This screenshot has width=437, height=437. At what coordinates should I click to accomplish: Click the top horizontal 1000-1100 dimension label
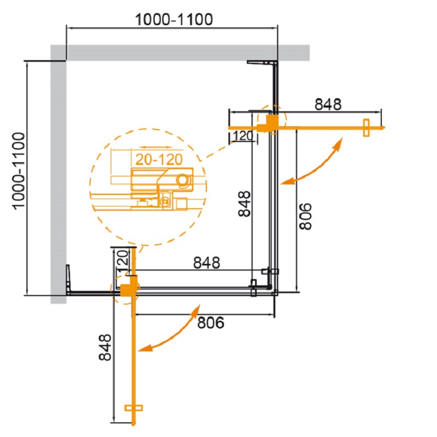(174, 20)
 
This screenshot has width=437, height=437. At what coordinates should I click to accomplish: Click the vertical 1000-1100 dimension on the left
(19, 171)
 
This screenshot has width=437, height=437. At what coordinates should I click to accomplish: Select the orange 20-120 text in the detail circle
(159, 160)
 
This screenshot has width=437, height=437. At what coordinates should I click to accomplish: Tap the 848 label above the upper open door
(328, 105)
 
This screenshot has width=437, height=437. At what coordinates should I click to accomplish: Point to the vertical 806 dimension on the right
(305, 216)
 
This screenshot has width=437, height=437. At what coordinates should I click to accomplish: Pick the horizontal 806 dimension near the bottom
(211, 323)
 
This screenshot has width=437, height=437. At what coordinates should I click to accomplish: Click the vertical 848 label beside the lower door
(105, 347)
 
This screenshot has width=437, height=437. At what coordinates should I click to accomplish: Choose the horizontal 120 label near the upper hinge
(243, 135)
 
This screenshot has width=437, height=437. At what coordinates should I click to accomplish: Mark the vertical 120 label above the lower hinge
(122, 261)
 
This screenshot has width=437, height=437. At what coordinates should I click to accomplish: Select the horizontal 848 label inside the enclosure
(206, 263)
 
